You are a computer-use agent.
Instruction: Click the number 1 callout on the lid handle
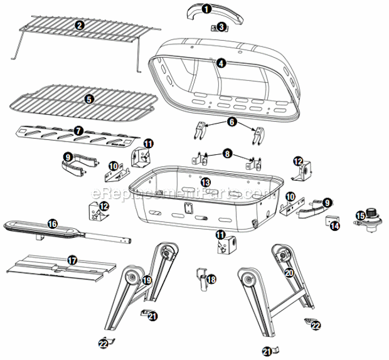point(206,9)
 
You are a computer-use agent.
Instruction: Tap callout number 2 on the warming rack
point(80,25)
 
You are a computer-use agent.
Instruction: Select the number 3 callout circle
point(221,27)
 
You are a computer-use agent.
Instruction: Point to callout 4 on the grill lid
point(221,63)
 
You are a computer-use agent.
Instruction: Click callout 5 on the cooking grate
point(89,99)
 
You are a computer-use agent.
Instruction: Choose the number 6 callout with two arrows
point(232,122)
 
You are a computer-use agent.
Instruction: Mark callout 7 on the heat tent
point(78,130)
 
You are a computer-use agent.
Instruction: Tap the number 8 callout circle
point(227,154)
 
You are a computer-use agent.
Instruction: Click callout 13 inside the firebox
point(206,183)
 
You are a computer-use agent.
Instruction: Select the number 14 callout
point(335,226)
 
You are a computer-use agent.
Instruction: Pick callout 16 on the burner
point(52,224)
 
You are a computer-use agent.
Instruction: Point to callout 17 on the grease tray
point(72,260)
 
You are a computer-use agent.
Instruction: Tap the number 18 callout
point(211,280)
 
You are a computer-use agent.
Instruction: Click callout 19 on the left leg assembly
point(147,280)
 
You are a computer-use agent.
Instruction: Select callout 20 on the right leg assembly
point(289,273)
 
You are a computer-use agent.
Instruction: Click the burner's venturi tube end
point(128,240)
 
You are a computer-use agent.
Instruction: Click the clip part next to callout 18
point(203,279)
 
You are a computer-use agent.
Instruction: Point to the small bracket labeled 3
point(215,28)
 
